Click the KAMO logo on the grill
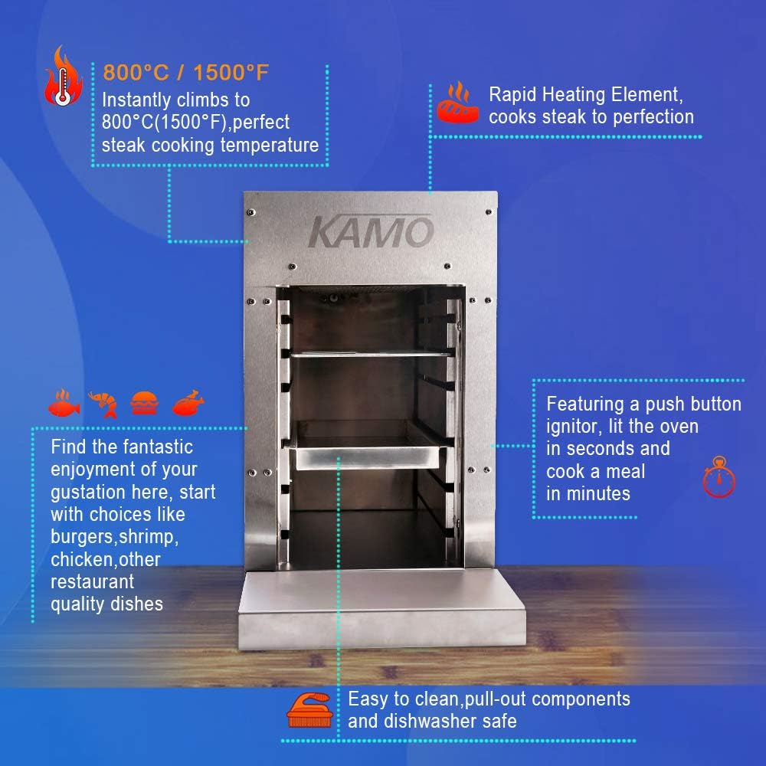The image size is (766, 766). pos(371,231)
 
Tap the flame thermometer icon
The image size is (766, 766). pos(63,76)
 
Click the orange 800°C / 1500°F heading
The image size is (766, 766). pos(185,72)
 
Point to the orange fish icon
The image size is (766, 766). pos(64,404)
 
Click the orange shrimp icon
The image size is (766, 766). pos(103,404)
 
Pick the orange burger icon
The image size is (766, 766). pos(145,403)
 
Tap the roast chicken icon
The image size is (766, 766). pos(188,403)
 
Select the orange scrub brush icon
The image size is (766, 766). pos(309,710)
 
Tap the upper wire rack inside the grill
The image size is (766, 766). pos(372,353)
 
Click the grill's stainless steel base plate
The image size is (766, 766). pos(381,609)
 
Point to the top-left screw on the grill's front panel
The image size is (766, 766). pos(251,212)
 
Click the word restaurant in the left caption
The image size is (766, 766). pos(93,582)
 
